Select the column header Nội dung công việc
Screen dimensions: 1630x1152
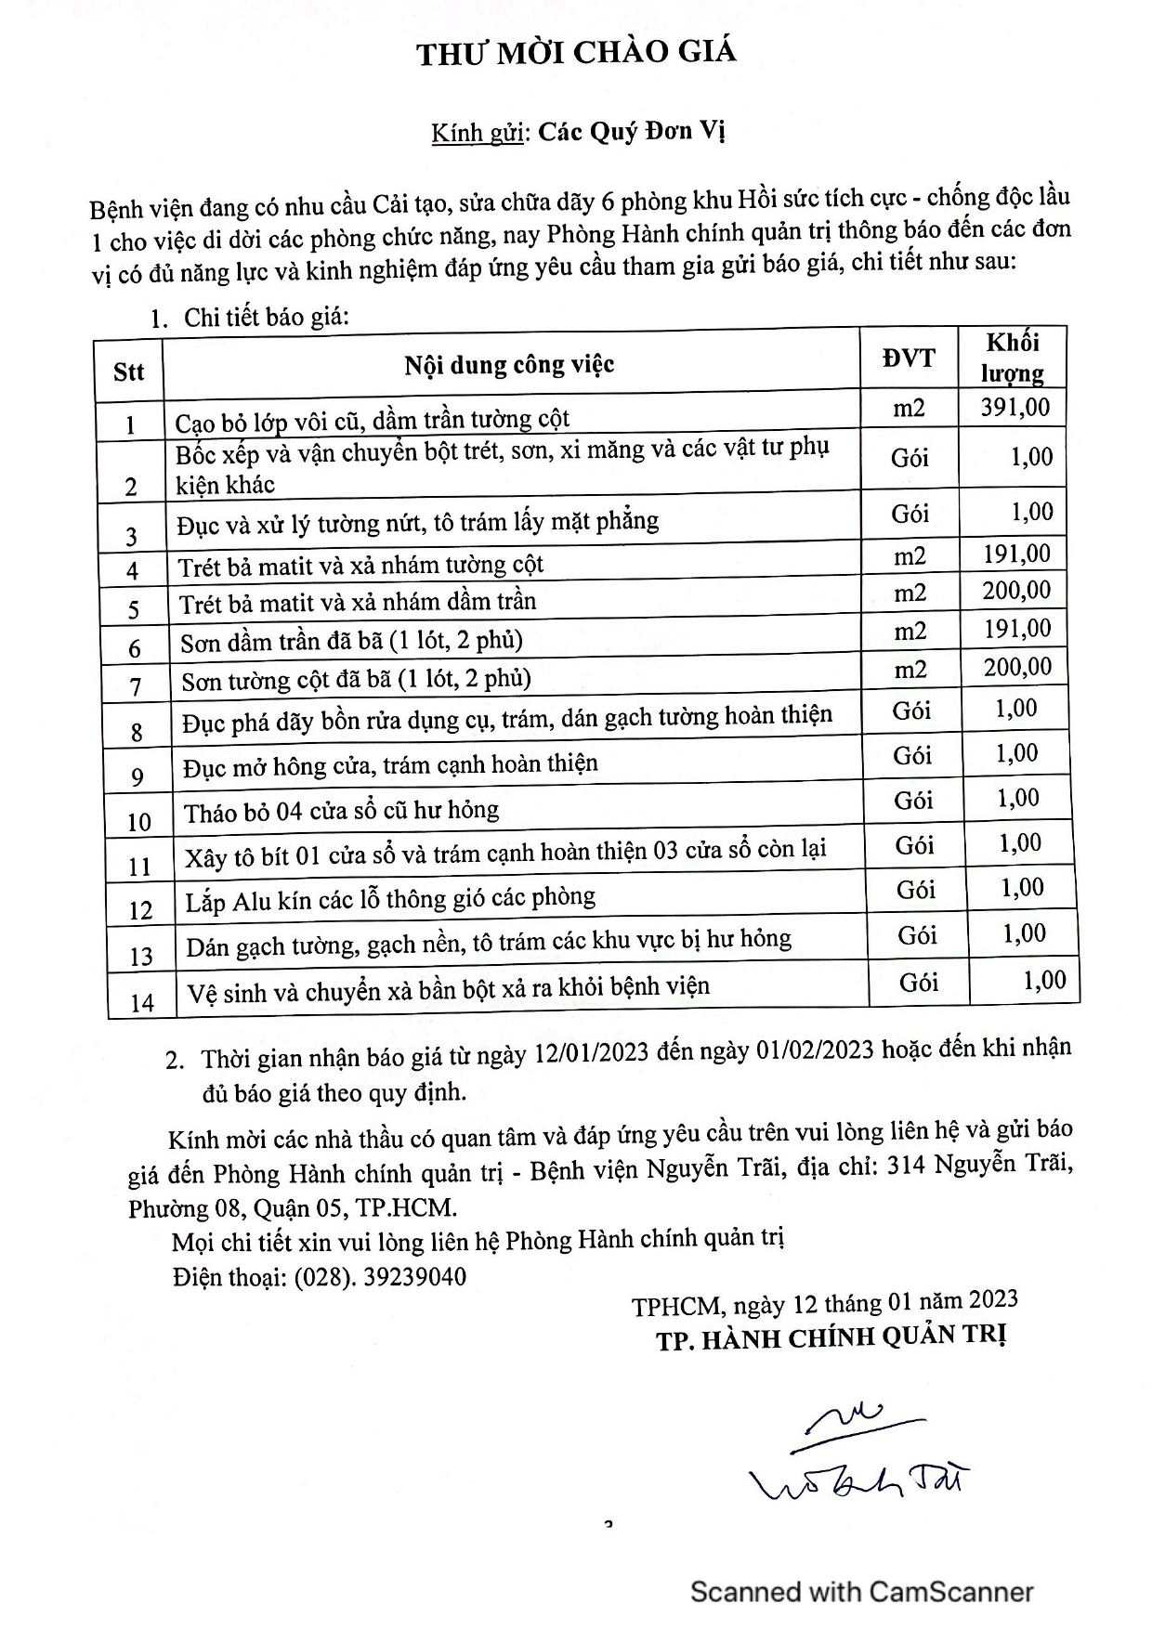click(509, 365)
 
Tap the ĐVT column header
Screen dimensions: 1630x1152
click(909, 359)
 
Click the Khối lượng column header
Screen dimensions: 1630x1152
click(1012, 358)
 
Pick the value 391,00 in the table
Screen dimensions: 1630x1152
click(1015, 408)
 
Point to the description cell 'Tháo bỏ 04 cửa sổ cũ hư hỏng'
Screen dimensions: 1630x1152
click(341, 812)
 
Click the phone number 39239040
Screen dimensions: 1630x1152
click(415, 1277)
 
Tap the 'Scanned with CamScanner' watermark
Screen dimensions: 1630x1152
click(861, 1592)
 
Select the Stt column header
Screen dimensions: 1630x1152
click(128, 372)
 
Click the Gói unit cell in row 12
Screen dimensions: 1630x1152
click(916, 890)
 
